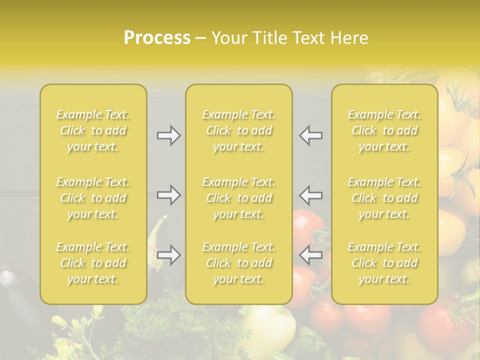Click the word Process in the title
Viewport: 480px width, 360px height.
coord(157,38)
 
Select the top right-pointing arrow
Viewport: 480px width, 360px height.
coord(168,135)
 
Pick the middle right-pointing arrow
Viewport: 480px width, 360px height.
coord(168,194)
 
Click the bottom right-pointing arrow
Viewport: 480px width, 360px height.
coord(168,255)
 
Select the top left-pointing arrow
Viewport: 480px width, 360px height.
coord(311,135)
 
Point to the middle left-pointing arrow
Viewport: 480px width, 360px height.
coord(311,194)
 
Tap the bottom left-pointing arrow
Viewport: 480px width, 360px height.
coord(311,255)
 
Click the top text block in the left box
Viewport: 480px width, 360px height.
coord(93,130)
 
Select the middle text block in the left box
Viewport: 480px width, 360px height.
coord(93,198)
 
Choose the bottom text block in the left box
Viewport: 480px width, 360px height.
coord(93,263)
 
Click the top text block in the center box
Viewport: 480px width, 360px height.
coord(239,130)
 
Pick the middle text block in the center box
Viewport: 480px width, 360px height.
coord(239,198)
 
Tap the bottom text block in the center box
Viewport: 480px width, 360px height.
coord(239,263)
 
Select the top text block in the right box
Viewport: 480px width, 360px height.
coord(384,130)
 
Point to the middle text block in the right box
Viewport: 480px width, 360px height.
coord(384,198)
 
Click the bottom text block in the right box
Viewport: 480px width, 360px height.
coord(384,263)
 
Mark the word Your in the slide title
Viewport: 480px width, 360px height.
coord(228,38)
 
